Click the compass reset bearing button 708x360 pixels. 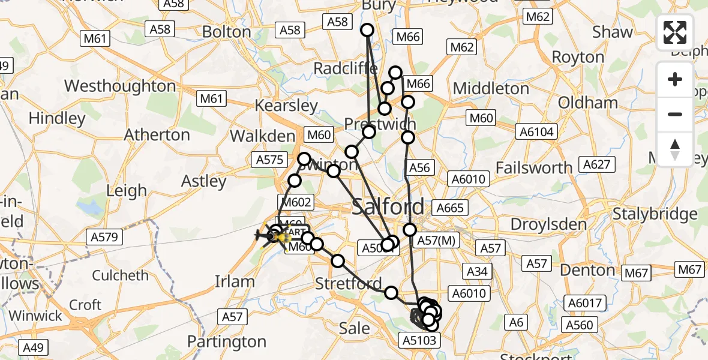point(675,149)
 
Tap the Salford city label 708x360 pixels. point(388,207)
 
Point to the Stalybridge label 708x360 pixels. point(655,214)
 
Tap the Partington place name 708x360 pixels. point(226,341)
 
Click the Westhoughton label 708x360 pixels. point(120,86)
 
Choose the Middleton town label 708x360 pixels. point(491,89)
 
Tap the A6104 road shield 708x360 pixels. point(538,131)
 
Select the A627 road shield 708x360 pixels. point(596,164)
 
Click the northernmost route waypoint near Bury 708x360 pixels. point(367,30)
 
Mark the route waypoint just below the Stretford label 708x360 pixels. point(391,293)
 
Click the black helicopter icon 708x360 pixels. point(263,236)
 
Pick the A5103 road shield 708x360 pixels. point(419,340)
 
